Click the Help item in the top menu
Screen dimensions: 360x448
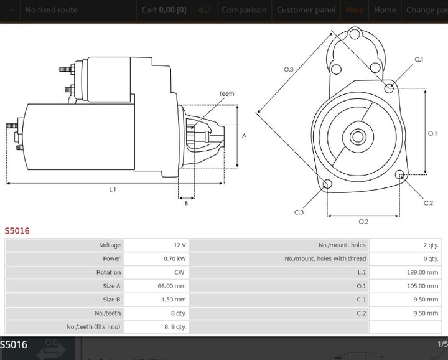point(355,10)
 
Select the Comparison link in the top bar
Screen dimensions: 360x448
point(244,10)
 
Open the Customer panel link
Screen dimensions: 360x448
point(306,10)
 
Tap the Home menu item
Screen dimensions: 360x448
point(385,10)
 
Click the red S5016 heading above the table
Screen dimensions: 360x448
point(17,230)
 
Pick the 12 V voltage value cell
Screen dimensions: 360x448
point(180,245)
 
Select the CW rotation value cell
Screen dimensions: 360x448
point(179,273)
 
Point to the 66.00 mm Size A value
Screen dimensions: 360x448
point(172,286)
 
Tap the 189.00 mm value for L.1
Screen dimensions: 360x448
point(424,273)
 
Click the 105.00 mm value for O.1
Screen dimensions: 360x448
point(424,286)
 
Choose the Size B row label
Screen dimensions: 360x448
point(112,300)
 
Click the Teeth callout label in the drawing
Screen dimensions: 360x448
point(226,94)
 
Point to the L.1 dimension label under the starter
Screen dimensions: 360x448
point(113,189)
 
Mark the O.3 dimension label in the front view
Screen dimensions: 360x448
point(289,69)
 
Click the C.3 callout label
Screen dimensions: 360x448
point(299,212)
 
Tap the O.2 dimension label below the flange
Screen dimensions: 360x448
point(363,221)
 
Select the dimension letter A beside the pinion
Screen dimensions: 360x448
point(245,136)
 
